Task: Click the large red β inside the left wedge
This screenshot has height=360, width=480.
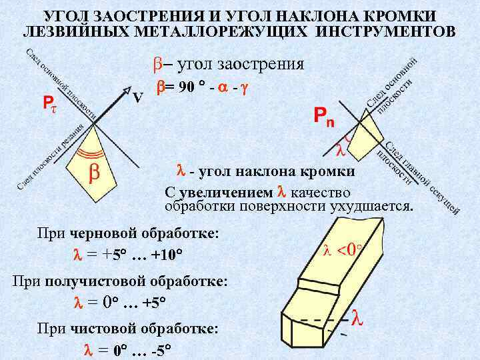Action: click(x=95, y=172)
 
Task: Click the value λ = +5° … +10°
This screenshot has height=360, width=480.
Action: click(x=127, y=255)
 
